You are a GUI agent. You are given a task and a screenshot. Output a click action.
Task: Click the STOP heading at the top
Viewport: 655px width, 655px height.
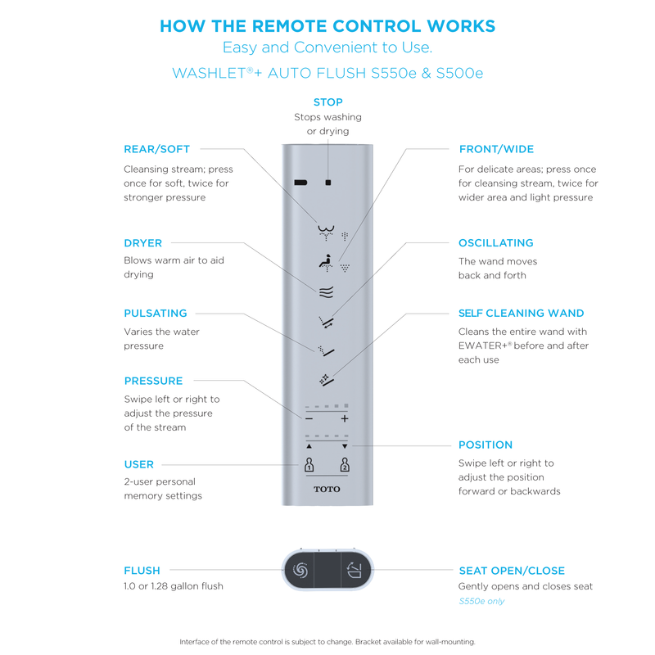pos(327,102)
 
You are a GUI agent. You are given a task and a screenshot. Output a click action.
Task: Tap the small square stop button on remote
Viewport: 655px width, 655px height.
pos(327,183)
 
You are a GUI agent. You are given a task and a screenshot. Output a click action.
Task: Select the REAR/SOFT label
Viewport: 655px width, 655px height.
pos(156,149)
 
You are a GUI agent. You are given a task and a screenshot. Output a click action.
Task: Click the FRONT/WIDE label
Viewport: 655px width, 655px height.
pos(496,149)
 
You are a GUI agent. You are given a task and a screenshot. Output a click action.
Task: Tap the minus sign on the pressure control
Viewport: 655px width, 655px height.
pos(309,418)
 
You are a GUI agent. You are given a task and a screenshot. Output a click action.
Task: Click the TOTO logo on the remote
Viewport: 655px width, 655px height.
pos(327,490)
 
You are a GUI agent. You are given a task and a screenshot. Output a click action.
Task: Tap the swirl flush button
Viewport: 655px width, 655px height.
pos(299,570)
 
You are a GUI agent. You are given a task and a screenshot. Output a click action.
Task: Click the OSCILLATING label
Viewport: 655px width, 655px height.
pos(496,243)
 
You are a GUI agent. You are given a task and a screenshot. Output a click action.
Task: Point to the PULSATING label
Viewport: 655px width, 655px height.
pos(156,313)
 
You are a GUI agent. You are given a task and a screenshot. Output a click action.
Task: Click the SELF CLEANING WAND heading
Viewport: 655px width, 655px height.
pos(522,313)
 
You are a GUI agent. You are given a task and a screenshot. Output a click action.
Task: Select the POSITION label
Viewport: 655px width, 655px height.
pos(486,445)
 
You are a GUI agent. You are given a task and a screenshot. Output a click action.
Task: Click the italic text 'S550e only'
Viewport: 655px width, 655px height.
pos(481,601)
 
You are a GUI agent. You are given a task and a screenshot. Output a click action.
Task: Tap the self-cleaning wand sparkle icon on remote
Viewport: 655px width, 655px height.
pos(326,378)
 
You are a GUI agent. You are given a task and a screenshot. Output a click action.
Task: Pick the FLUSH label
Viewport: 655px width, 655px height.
pos(142,571)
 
